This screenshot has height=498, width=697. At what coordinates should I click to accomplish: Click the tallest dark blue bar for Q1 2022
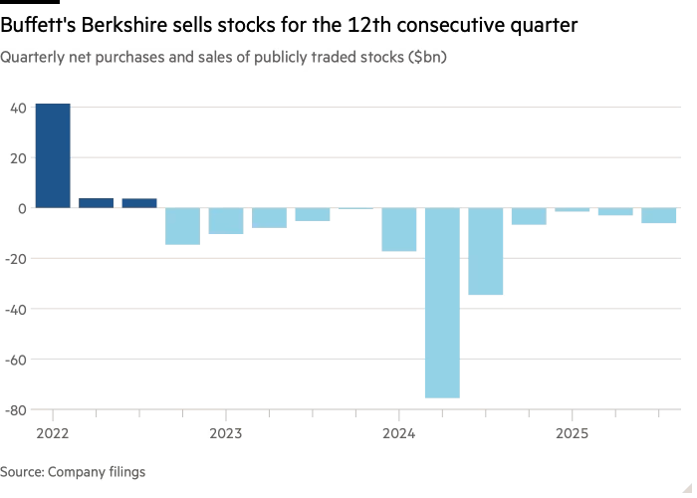point(53,155)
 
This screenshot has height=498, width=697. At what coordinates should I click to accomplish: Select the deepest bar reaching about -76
point(442,303)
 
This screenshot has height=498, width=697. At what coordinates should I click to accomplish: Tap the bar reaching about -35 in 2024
point(486,252)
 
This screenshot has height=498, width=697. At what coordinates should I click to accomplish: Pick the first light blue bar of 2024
point(399,230)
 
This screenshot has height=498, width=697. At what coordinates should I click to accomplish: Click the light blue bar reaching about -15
point(182,226)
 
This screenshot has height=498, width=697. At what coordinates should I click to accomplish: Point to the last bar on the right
point(659,216)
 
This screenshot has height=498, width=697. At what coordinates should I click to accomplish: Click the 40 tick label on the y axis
point(19,108)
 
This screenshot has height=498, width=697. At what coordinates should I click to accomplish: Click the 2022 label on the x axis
point(53,434)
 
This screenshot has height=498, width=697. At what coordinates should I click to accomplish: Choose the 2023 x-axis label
point(226,434)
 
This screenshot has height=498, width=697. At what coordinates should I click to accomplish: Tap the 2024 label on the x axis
point(399,434)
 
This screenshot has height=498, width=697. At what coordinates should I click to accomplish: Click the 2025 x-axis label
point(573,434)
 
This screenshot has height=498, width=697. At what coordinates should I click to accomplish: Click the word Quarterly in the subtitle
point(31,58)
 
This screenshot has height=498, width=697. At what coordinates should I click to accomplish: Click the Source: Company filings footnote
point(73,472)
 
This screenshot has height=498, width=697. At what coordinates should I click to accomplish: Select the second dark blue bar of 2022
point(96,203)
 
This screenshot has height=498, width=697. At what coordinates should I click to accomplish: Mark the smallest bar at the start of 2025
point(573,210)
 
